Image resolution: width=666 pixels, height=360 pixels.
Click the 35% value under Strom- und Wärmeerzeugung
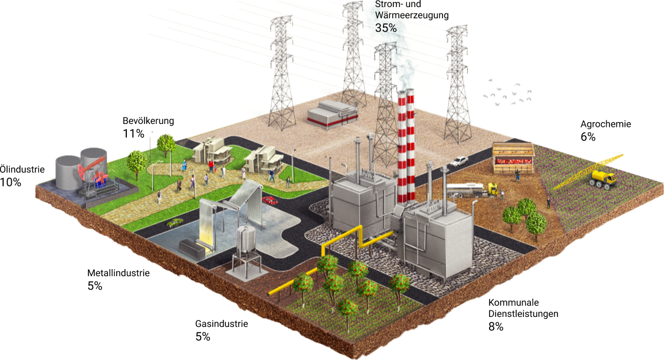click(x=386, y=28)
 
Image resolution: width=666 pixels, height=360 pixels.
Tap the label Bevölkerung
click(x=148, y=121)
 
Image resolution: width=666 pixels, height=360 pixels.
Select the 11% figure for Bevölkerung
click(x=133, y=134)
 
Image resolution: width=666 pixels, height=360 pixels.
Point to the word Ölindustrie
click(x=22, y=169)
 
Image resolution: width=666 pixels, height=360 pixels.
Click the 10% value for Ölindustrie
click(x=11, y=182)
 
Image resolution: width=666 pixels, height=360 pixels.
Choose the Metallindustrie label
click(x=119, y=273)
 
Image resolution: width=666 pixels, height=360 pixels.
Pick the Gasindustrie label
click(x=221, y=323)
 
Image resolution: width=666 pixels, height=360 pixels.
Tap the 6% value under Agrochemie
click(x=588, y=137)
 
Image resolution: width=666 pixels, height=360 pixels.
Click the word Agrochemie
click(x=606, y=124)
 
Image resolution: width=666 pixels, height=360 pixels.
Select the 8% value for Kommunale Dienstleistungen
click(x=496, y=326)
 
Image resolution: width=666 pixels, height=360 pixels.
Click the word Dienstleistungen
click(x=523, y=314)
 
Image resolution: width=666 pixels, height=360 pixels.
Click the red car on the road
click(x=270, y=200)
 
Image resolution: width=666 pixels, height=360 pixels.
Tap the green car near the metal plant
click(x=175, y=222)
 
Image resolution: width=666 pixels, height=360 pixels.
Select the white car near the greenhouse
click(x=459, y=161)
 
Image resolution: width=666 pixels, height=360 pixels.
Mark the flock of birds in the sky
click(x=508, y=93)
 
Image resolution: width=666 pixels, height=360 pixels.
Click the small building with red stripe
click(x=332, y=114)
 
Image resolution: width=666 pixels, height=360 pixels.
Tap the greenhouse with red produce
click(x=513, y=159)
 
